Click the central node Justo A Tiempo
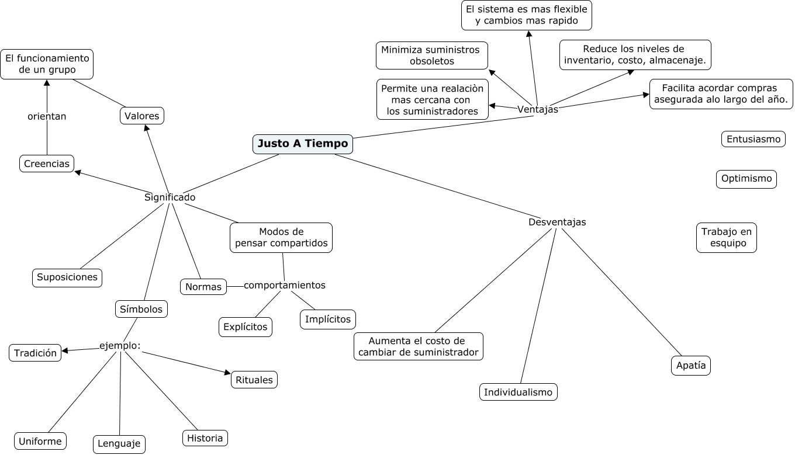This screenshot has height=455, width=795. coord(303,144)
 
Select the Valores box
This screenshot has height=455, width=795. coord(142,116)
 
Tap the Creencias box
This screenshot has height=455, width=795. coord(47,164)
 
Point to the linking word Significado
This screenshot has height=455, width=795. coord(170,197)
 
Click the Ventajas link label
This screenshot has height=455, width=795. coord(538,109)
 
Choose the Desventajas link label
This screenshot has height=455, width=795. coord(557,222)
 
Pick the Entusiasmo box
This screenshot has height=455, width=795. coord(753,139)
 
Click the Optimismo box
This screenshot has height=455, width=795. coord(746,179)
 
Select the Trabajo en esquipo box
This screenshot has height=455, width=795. coord(727,238)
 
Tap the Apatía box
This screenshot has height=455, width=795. coord(691,366)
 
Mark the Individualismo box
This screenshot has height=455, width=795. coord(519,392)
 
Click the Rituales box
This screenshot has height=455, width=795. coord(254,380)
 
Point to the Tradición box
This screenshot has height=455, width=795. coord(35,353)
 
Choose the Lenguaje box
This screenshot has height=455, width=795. coord(119,444)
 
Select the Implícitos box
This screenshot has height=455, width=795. coord(328,319)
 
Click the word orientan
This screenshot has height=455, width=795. coord(47,116)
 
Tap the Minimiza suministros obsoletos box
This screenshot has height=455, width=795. coord(432,55)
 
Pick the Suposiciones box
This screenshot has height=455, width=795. coord(67,277)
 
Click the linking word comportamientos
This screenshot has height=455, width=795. coord(285,285)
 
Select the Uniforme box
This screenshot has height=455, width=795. coord(40,441)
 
